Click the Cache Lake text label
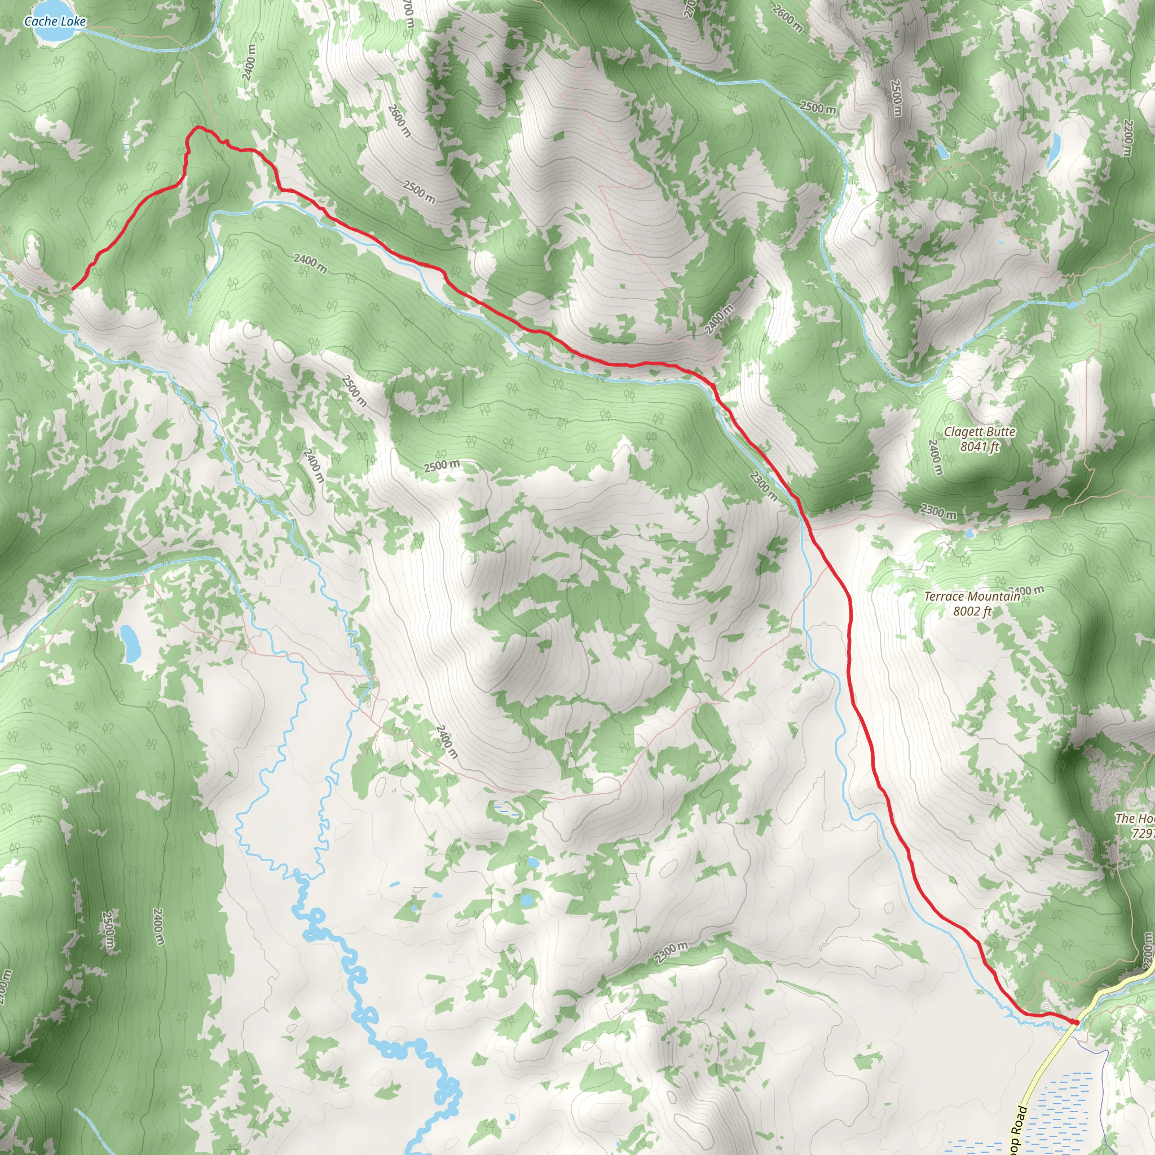click(55, 21)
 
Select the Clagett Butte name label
click(979, 431)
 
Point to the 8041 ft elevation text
click(979, 446)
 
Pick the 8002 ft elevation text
click(972, 610)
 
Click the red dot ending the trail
click(1076, 1022)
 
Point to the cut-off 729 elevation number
click(1143, 833)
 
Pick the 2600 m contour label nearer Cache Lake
click(399, 120)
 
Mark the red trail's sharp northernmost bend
click(196, 127)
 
